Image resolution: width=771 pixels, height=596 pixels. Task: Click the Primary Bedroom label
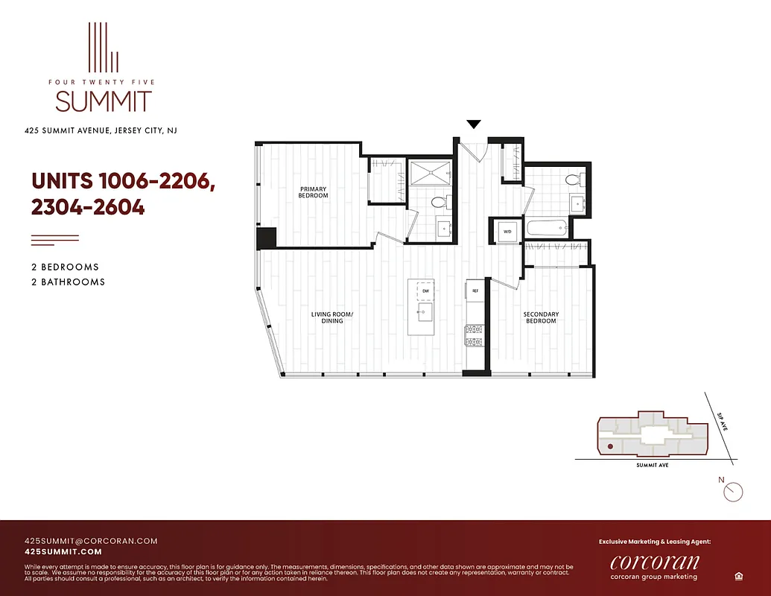[x=314, y=192]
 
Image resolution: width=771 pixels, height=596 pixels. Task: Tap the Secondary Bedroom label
[x=540, y=317]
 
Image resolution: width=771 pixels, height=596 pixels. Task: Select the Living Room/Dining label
[x=332, y=317]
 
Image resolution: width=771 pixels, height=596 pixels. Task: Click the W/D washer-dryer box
[x=507, y=231]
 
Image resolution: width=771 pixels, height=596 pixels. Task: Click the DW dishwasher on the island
[x=425, y=290]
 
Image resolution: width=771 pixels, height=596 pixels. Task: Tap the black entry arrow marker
[x=474, y=124]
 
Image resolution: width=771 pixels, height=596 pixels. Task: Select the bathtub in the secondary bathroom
[x=547, y=229]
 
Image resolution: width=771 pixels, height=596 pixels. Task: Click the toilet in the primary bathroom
[x=438, y=202]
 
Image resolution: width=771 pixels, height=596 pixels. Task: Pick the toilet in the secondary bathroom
[x=574, y=179]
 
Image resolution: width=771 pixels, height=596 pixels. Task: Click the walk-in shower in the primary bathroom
[x=430, y=173]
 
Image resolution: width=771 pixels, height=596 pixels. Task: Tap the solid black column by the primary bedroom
[x=266, y=238]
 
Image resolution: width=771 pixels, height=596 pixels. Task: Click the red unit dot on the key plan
[x=610, y=446]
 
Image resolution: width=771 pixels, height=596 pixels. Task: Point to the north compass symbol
[x=733, y=490]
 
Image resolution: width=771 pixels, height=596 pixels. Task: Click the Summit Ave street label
[x=653, y=465]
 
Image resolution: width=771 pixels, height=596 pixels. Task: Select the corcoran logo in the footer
[x=654, y=562]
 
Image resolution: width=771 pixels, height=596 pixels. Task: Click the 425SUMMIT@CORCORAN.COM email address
[x=91, y=541]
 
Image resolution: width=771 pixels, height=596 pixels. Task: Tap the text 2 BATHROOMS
[x=68, y=282]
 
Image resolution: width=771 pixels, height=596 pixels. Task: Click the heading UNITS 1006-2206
[x=123, y=182]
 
